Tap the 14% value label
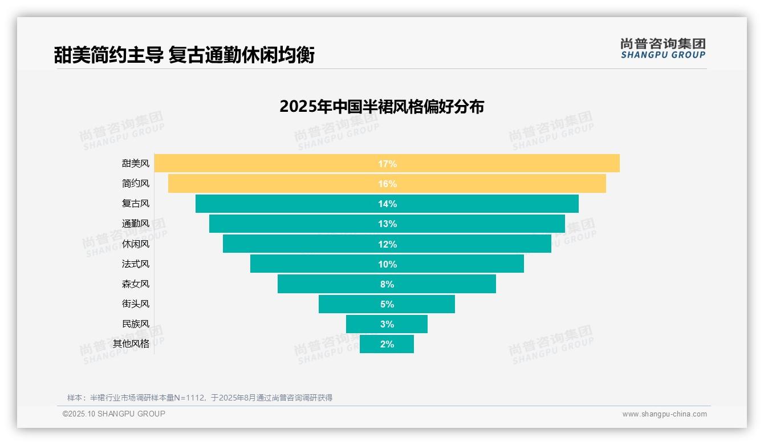tap(387, 204)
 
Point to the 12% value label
tap(387, 244)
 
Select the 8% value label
tap(387, 284)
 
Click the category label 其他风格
tap(131, 344)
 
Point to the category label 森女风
tap(136, 284)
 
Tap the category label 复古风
tap(136, 204)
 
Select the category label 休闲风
tap(136, 244)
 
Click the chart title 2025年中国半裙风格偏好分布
tap(381, 107)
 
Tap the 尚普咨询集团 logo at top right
tap(663, 48)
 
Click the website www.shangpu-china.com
tap(664, 414)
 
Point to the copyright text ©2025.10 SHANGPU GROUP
tap(114, 414)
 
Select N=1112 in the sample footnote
tap(185, 398)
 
